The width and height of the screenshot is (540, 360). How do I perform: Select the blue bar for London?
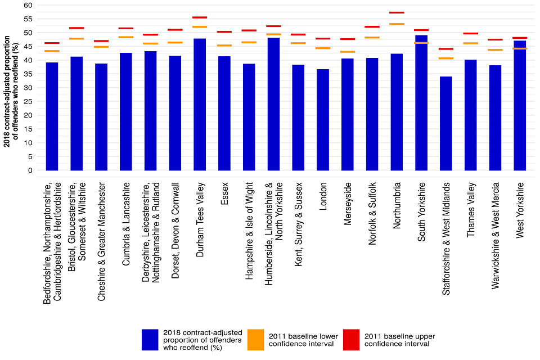(x=323, y=120)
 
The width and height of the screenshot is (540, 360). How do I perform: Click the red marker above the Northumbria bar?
(x=397, y=12)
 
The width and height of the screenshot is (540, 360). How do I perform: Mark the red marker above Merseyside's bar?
(x=348, y=39)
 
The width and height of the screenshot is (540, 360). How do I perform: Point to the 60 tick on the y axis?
(x=27, y=5)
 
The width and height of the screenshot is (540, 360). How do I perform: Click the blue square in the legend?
(x=150, y=340)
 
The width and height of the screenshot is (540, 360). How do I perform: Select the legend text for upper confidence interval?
(x=399, y=340)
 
